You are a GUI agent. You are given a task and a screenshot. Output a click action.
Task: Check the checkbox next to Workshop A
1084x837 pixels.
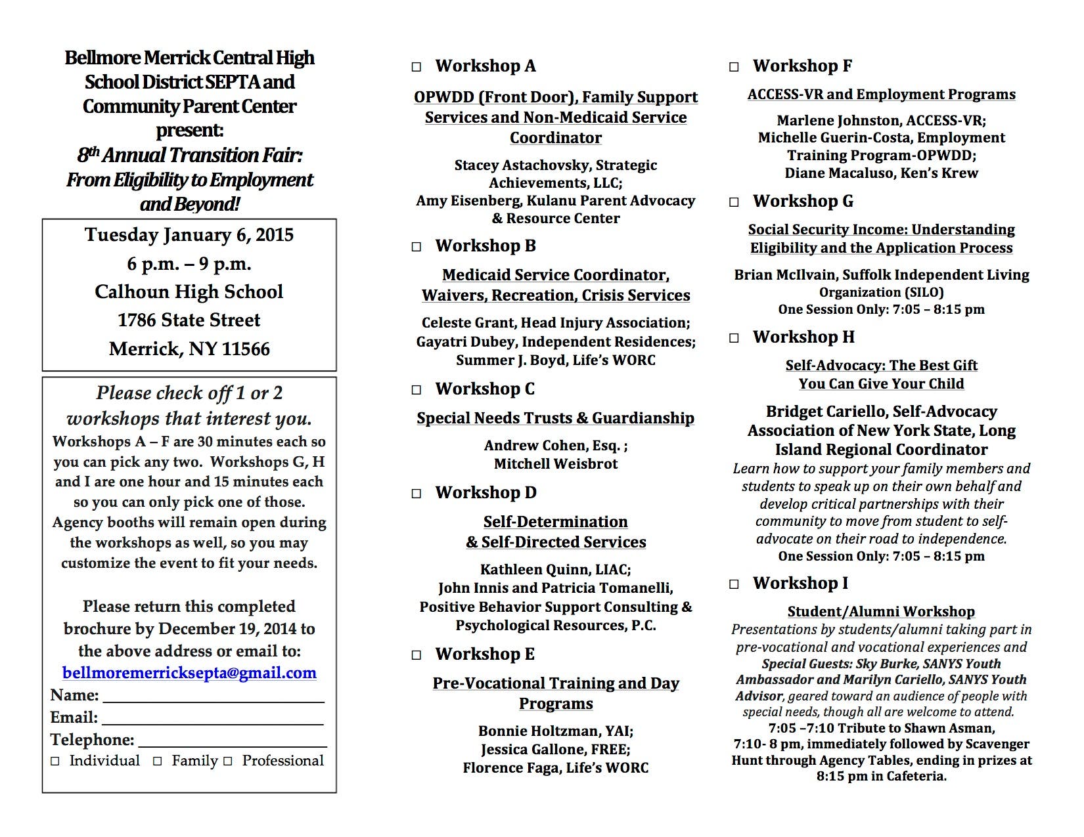417,67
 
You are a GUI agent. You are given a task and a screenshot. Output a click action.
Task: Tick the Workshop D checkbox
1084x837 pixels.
417,494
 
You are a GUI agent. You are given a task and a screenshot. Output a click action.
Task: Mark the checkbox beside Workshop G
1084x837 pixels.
734,202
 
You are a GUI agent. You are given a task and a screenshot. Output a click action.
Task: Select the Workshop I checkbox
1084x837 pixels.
734,584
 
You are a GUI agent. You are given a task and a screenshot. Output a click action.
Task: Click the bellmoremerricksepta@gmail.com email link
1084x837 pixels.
189,673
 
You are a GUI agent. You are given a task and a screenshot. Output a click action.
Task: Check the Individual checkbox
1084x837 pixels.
55,762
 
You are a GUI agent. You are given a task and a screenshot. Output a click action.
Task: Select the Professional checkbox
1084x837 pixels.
228,762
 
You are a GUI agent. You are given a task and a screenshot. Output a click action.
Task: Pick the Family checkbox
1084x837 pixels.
158,762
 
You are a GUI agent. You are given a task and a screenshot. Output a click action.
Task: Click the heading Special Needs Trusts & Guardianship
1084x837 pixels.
555,418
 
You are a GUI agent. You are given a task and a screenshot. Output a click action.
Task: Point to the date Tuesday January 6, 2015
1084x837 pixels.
189,235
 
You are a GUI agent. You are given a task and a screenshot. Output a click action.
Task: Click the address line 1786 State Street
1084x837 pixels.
189,320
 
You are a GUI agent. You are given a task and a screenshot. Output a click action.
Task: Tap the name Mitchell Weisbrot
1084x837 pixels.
556,464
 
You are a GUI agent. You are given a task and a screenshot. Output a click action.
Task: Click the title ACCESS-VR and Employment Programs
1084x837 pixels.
881,95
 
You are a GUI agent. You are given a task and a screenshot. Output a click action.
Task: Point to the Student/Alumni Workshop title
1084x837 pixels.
881,612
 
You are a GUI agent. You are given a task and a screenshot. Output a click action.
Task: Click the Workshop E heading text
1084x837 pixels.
485,655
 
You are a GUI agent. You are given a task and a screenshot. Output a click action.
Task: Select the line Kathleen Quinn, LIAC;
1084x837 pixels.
556,570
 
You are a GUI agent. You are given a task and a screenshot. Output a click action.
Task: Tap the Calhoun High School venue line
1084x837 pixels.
189,292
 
